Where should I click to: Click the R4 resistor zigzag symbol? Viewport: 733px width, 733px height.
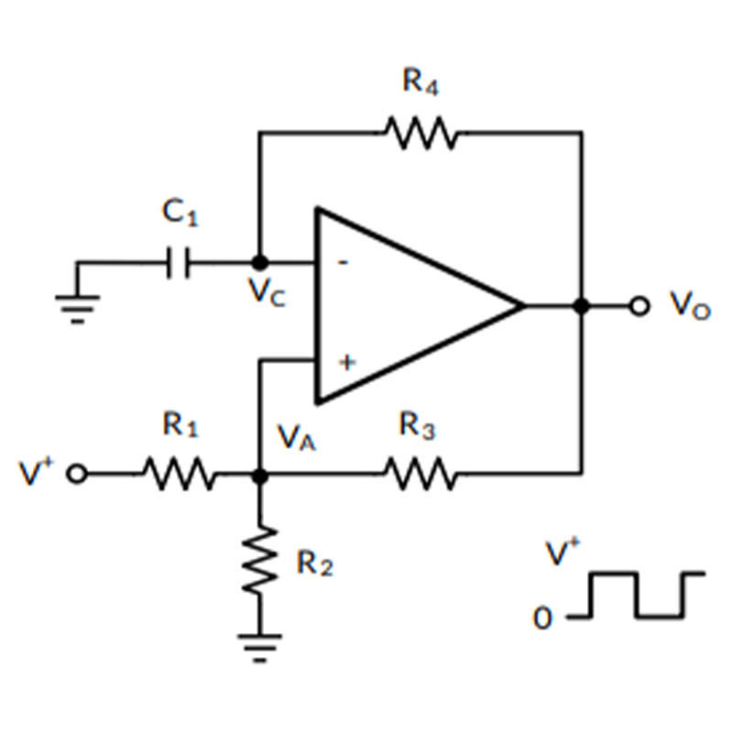coord(421,133)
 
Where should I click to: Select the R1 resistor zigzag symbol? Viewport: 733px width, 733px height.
coord(180,474)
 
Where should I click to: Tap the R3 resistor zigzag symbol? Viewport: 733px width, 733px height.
coord(421,474)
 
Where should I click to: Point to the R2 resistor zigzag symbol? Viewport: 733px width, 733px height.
coord(260,560)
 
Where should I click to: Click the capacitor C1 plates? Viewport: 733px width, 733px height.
coord(178,263)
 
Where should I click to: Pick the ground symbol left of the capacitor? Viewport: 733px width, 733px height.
coord(78,309)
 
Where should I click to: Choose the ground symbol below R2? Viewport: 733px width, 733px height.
coord(260,649)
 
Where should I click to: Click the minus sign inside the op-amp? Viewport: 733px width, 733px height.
coord(343,263)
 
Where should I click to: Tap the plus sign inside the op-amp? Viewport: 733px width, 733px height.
coord(347,362)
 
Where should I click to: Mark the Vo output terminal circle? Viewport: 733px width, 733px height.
coord(640,306)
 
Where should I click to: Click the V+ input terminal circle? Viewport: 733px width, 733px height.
coord(77,473)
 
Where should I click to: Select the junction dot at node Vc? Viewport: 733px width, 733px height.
coord(260,263)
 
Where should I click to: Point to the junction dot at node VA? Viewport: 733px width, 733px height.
coord(260,476)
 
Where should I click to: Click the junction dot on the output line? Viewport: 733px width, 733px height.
coord(582,306)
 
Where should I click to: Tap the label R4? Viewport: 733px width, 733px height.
coord(421,82)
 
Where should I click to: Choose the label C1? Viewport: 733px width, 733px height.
coord(180,212)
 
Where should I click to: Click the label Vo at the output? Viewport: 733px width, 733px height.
coord(691,305)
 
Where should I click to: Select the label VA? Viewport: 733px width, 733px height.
coord(297,438)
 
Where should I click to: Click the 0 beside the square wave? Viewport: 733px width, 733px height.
coord(542,618)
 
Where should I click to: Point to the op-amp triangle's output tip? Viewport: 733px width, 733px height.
coord(524,306)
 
